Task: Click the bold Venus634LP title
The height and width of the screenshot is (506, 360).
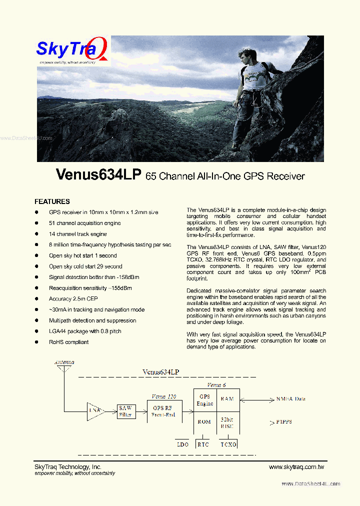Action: [99, 174]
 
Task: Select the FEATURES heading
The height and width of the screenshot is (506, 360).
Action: [52, 201]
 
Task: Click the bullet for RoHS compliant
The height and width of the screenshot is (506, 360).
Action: [36, 342]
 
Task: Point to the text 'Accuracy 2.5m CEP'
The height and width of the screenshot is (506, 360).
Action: [73, 299]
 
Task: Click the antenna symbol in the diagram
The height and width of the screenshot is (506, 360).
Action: [64, 369]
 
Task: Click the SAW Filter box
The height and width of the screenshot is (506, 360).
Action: [125, 411]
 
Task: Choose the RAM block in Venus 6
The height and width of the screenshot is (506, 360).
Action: [227, 399]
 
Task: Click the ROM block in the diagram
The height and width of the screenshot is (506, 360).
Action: [204, 421]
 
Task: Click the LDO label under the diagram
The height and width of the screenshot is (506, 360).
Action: [183, 444]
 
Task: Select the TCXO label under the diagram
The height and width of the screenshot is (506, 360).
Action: [228, 444]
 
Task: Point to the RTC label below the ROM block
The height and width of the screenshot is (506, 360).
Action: [203, 444]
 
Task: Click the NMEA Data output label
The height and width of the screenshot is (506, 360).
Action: [290, 399]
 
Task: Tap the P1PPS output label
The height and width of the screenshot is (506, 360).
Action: [283, 421]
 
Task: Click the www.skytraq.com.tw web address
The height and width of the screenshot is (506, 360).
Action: [296, 467]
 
